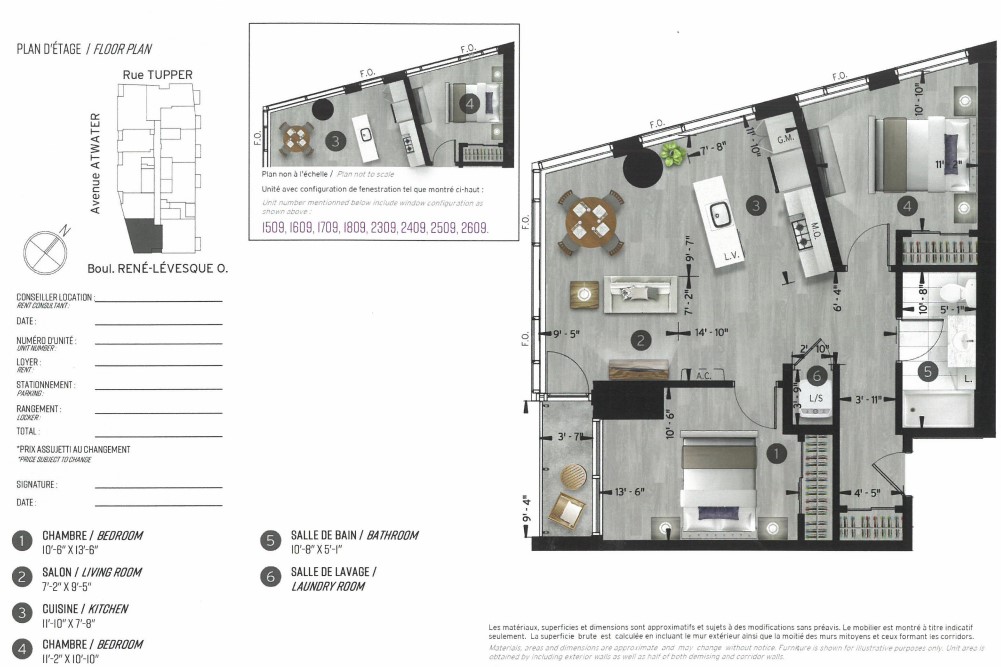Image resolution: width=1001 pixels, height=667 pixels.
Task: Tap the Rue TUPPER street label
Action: click(x=157, y=74)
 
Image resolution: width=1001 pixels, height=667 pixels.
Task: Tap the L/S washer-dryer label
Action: click(x=815, y=399)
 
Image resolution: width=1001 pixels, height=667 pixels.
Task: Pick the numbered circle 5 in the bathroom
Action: click(x=927, y=371)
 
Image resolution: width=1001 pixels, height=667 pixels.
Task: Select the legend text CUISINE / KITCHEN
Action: click(x=84, y=608)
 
